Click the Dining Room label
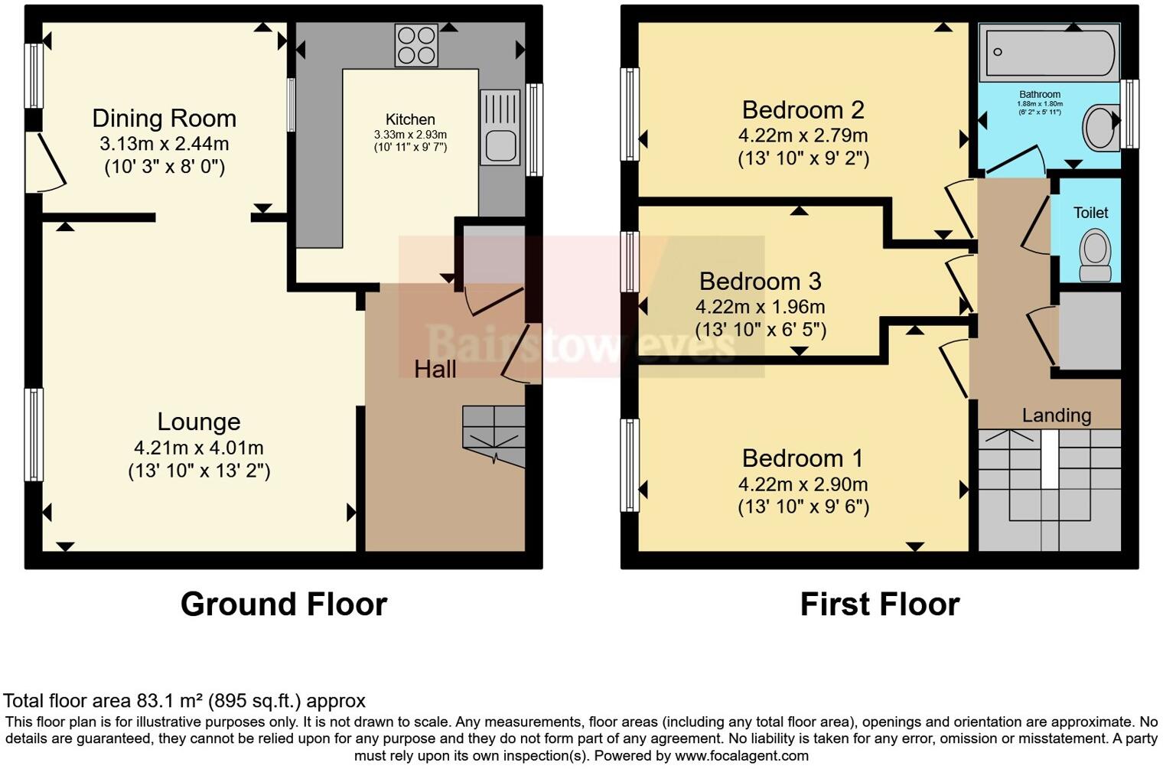(x=164, y=119)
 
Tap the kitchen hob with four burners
(x=416, y=45)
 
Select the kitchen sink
(x=500, y=129)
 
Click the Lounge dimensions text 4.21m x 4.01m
(x=199, y=448)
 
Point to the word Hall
(x=435, y=370)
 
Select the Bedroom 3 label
(x=760, y=282)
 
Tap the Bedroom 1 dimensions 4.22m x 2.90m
(x=803, y=484)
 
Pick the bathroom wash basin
(x=1101, y=127)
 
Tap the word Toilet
(x=1090, y=213)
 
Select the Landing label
(x=1057, y=415)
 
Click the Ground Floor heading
(x=284, y=604)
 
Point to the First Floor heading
(x=879, y=604)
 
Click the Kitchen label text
(x=410, y=119)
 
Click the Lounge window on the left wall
(x=34, y=434)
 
